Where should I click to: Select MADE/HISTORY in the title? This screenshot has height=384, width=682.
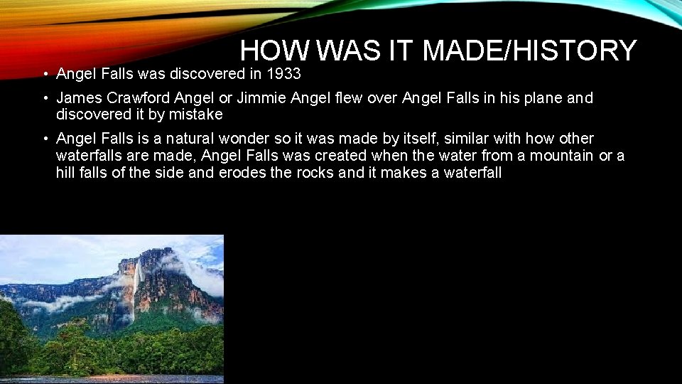[529, 50]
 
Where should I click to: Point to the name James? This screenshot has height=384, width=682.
[80, 98]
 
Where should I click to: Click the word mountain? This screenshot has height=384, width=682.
[556, 155]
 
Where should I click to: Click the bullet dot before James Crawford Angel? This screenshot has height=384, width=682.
[44, 99]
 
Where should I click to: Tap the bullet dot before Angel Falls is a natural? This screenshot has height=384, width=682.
[44, 139]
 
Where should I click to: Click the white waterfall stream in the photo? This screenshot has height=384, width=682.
[136, 284]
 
